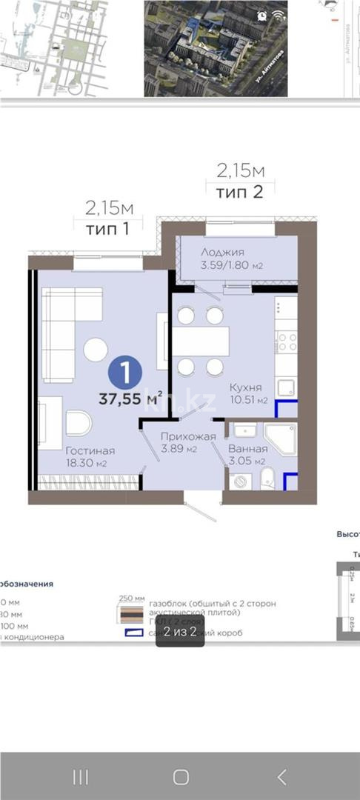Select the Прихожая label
tap(188, 436)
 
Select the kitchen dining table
tap(201, 341)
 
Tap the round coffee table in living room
tap(95, 350)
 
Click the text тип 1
tap(107, 227)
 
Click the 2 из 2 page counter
tap(180, 632)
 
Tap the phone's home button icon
tap(180, 777)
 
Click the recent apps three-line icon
tap(80, 777)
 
